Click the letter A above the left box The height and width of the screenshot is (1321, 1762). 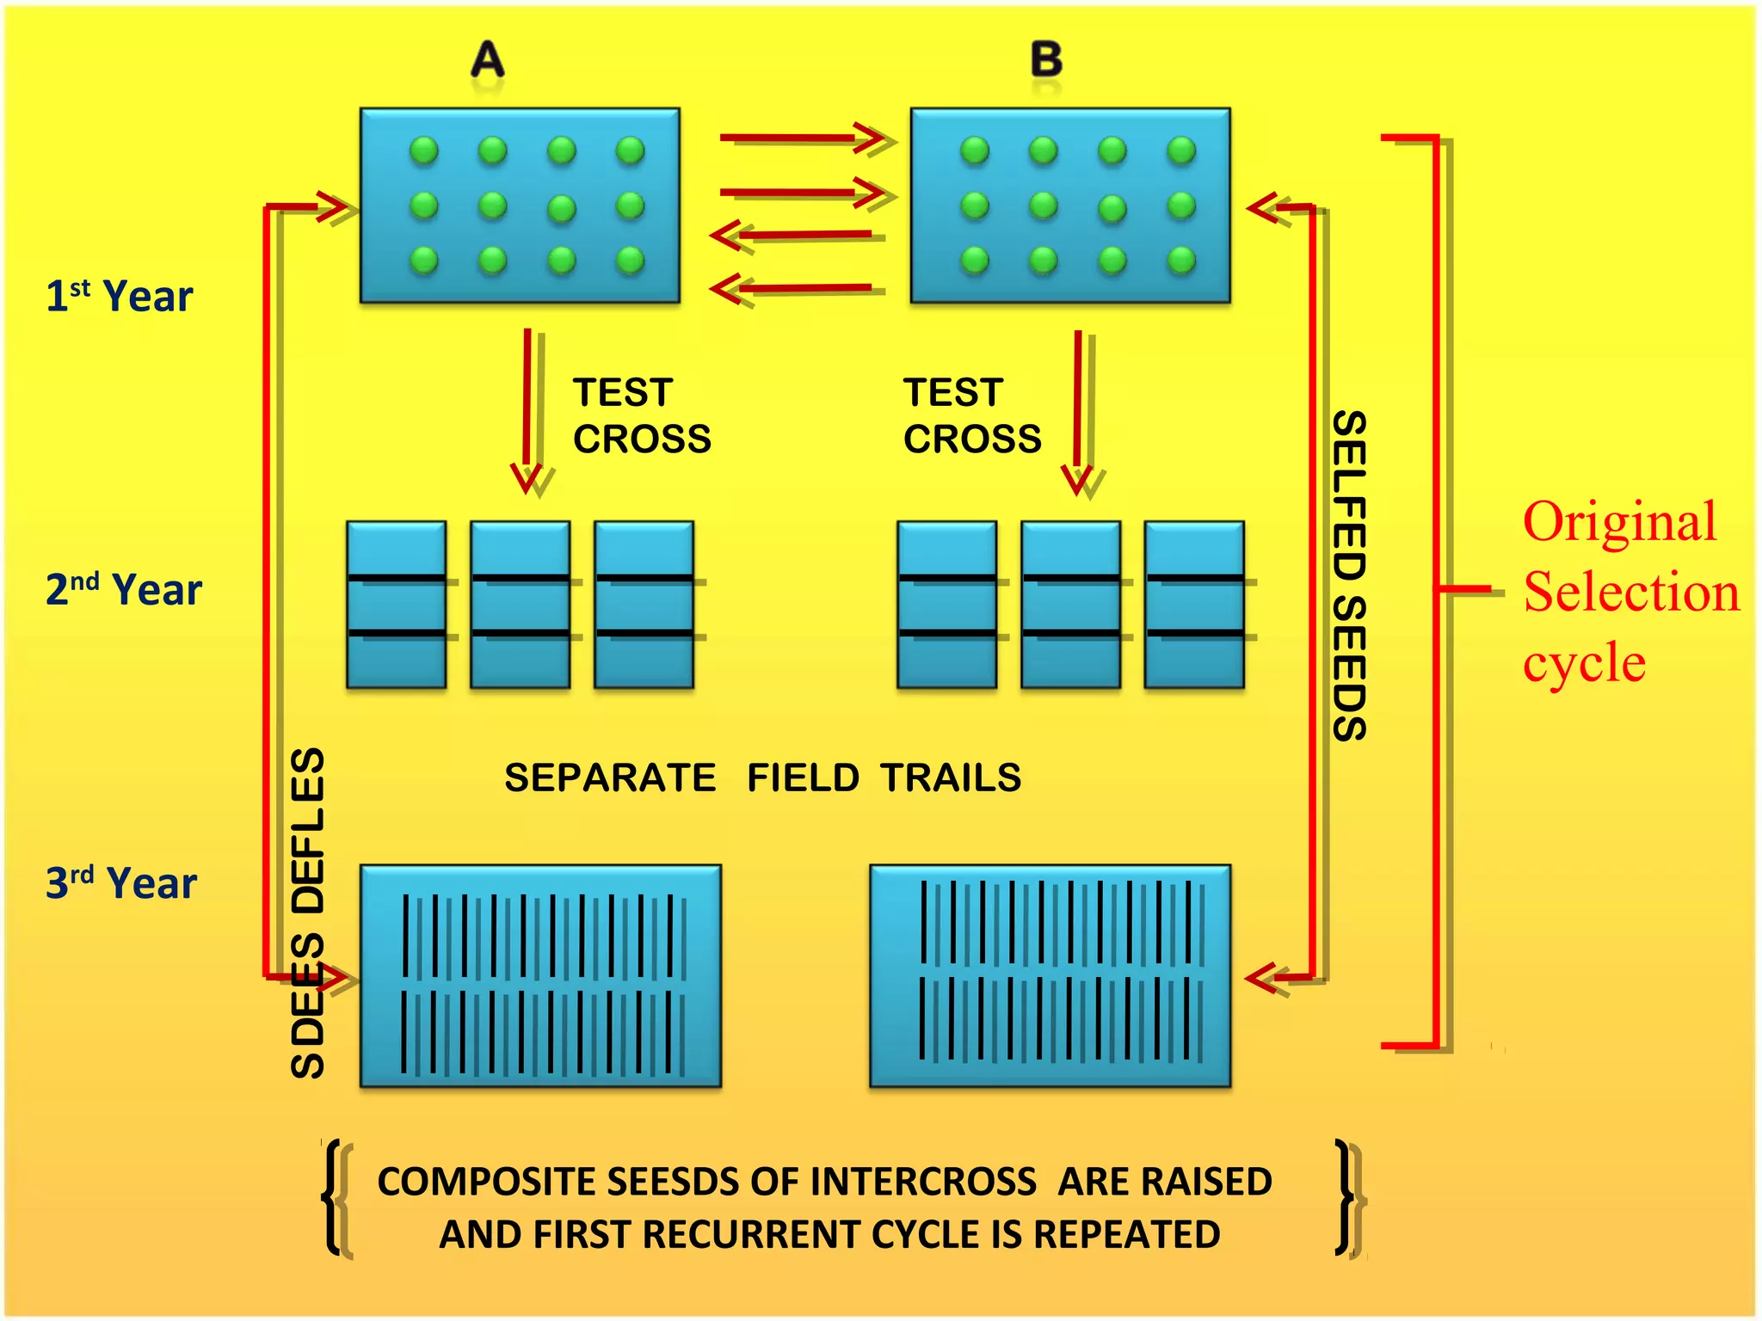pos(488,60)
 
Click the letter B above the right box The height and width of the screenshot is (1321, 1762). pos(1046,60)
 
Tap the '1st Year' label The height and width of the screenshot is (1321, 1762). pos(120,296)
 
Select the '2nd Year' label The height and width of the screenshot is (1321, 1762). pos(123,590)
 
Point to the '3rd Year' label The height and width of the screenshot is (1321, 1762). pos(121,883)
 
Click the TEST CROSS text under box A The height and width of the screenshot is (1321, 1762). pos(641,415)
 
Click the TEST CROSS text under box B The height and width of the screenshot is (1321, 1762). pos(971,415)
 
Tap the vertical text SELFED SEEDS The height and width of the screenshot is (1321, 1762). pos(1349,575)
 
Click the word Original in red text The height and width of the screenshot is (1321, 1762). pos(1619,522)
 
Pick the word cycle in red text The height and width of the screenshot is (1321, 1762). pos(1584,663)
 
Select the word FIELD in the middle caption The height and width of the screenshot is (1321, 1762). pos(802,777)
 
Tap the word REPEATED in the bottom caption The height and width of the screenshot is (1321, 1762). pos(1126,1235)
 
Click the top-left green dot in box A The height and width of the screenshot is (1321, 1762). pos(424,151)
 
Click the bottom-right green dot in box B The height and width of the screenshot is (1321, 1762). pos(1181,260)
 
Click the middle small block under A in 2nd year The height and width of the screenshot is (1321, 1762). pos(520,604)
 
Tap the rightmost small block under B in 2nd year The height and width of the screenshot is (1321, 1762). pos(1194,604)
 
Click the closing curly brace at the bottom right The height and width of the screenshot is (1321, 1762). pos(1347,1197)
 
